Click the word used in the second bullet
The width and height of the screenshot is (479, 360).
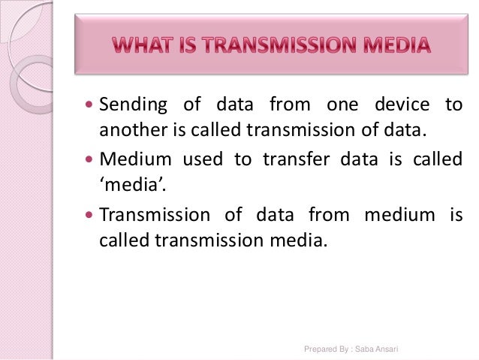[198, 160]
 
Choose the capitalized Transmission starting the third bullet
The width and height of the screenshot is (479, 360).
[153, 215]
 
